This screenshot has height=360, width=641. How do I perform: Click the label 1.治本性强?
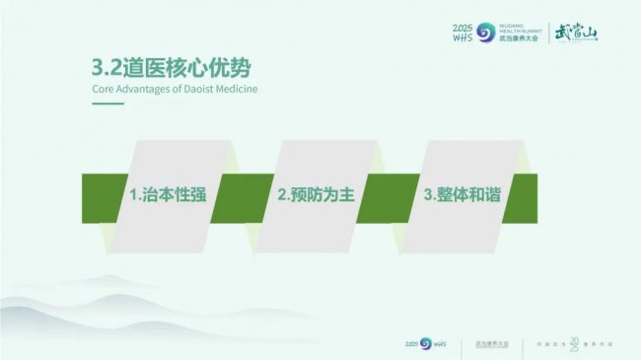[168, 194]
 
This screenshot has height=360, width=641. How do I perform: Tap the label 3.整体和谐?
[462, 194]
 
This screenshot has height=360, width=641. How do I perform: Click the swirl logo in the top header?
[485, 34]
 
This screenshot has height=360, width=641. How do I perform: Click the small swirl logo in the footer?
[426, 343]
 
